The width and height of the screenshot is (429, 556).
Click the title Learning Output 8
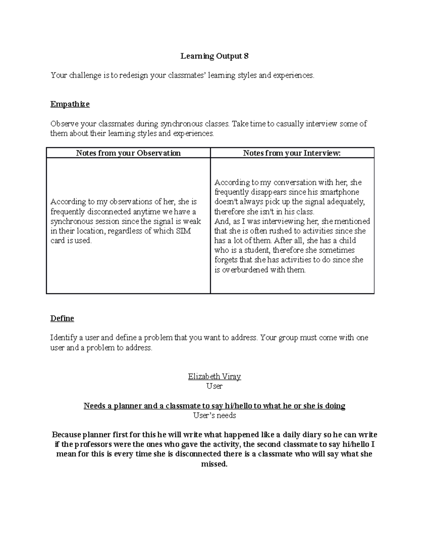click(214, 56)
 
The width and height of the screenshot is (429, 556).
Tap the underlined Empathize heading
click(70, 104)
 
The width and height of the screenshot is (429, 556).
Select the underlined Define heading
click(62, 318)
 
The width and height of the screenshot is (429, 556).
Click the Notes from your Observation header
click(128, 153)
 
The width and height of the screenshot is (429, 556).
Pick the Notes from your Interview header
click(292, 153)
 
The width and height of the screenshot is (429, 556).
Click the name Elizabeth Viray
click(214, 376)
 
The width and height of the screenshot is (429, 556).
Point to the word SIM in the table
click(183, 231)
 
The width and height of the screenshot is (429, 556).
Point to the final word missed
click(214, 464)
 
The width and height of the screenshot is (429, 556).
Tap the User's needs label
click(214, 415)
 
